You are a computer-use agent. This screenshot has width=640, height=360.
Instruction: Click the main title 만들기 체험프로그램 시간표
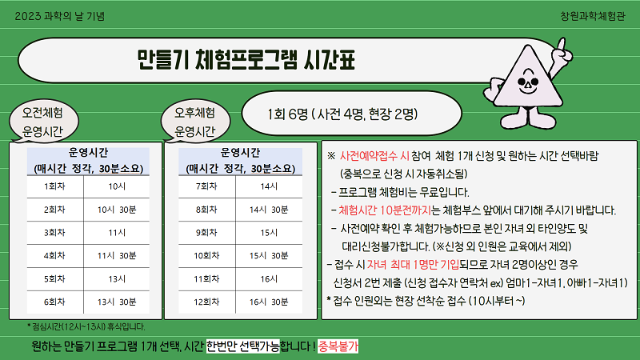tap(246, 60)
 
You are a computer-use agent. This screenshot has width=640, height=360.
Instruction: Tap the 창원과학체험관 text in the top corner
tap(592, 16)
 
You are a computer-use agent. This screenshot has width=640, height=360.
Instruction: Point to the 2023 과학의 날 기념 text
tap(59, 16)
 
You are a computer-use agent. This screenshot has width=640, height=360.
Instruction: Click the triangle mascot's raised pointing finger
tap(562, 46)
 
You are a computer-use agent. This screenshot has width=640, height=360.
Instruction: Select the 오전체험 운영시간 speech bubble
tap(43, 122)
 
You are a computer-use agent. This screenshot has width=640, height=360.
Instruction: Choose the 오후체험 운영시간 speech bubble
tap(195, 122)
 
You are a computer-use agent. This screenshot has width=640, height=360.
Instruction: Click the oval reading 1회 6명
tap(351, 114)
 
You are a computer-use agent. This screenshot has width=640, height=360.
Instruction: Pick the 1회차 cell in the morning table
tap(54, 186)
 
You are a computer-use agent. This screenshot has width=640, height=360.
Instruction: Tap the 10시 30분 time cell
tap(117, 210)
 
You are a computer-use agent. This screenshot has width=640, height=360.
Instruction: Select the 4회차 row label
tap(54, 256)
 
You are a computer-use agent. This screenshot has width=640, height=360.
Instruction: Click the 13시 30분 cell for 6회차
tap(117, 302)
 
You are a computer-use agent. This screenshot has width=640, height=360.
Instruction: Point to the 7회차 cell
tap(206, 186)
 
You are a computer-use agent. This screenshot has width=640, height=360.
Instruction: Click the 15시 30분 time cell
tap(269, 256)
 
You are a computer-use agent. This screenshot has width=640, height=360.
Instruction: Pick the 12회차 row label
tap(206, 302)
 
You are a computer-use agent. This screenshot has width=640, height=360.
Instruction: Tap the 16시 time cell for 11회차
tap(269, 279)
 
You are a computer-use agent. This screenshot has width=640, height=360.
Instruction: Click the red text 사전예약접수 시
tap(374, 156)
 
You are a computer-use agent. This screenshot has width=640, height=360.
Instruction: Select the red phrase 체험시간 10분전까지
tap(385, 210)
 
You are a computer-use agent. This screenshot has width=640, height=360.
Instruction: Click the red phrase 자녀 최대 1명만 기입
tap(413, 265)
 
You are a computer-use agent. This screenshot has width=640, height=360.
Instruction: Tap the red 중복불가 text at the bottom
tap(338, 346)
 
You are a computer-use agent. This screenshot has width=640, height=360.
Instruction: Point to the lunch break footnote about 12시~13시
tap(86, 326)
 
